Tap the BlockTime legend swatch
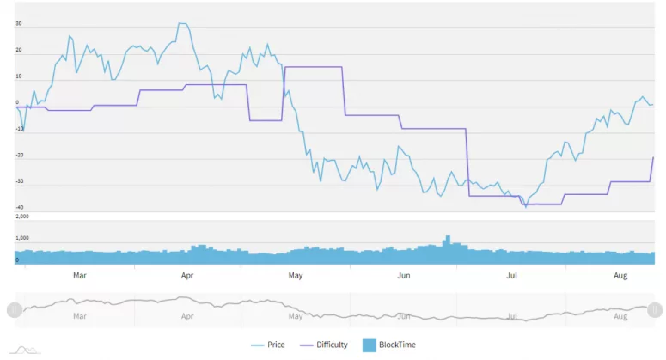point(370,345)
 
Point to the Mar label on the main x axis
point(79,275)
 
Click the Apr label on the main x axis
point(187,275)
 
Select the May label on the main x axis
point(295,275)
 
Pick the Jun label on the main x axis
point(403,275)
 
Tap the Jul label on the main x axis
point(511,275)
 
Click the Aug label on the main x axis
point(620,275)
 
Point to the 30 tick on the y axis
point(18,24)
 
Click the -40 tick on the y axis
point(20,207)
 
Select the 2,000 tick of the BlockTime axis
point(22,216)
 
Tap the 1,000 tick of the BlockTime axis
point(22,238)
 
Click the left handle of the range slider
point(14,310)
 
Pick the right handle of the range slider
point(655,310)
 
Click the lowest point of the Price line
point(525,207)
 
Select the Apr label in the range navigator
point(187,316)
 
